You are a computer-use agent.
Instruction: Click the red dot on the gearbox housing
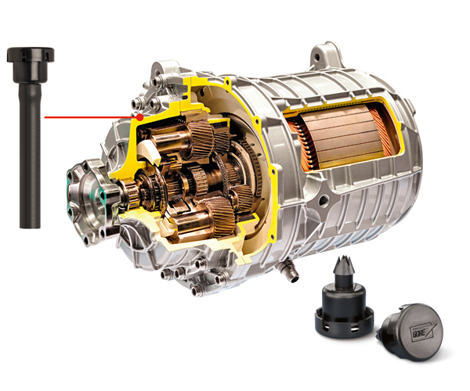pyautogui.click(x=139, y=117)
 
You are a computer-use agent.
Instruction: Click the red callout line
pyautogui.click(x=91, y=117)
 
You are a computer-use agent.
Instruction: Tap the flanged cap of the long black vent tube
pyautogui.click(x=31, y=64)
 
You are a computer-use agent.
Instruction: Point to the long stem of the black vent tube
pyautogui.click(x=30, y=156)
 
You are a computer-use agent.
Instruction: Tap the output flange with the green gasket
pyautogui.click(x=89, y=202)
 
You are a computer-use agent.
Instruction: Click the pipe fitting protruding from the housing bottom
pyautogui.click(x=290, y=271)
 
